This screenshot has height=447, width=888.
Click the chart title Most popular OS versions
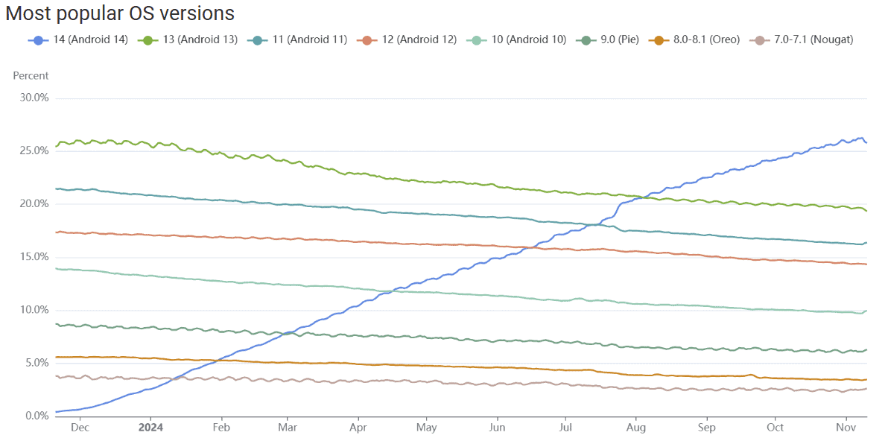click(x=120, y=13)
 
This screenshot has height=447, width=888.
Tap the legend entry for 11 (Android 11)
click(x=299, y=39)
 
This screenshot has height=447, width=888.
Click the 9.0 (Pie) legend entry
click(x=610, y=39)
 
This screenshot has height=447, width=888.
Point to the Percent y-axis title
click(x=31, y=75)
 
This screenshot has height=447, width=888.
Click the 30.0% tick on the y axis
click(x=34, y=98)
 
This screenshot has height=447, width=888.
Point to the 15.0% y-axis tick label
click(x=34, y=257)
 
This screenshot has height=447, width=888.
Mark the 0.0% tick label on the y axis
click(x=36, y=416)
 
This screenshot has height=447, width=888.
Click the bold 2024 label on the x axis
click(x=150, y=428)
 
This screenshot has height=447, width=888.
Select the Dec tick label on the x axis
click(x=80, y=428)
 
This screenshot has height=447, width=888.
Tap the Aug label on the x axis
click(x=635, y=428)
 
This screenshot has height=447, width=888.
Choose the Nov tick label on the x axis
click(x=845, y=428)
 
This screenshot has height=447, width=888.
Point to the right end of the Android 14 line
click(x=866, y=142)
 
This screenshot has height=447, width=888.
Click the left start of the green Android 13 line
click(x=57, y=145)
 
